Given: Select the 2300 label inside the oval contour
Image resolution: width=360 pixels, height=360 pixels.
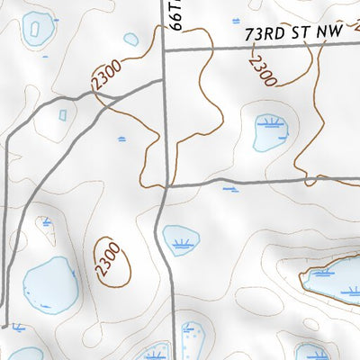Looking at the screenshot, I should pyautogui.click(x=109, y=262).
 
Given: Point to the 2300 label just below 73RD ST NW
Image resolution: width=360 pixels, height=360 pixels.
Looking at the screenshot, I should pyautogui.click(x=262, y=68).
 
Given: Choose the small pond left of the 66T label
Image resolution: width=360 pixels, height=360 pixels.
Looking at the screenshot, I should pyautogui.click(x=131, y=40).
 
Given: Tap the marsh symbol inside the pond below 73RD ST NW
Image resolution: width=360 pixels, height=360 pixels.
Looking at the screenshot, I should pyautogui.click(x=269, y=122).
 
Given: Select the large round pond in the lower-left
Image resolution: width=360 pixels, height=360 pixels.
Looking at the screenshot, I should pyautogui.click(x=49, y=283).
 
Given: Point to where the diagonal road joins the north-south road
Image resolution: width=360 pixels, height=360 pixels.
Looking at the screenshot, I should pyautogui.click(x=165, y=80).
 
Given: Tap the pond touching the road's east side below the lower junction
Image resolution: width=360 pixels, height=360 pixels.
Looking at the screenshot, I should pyautogui.click(x=182, y=240).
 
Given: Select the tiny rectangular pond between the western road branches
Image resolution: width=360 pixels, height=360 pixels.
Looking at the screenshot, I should pyautogui.click(x=63, y=114).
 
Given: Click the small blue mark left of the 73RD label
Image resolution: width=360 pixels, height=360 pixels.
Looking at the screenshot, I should pyautogui.click(x=235, y=20).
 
